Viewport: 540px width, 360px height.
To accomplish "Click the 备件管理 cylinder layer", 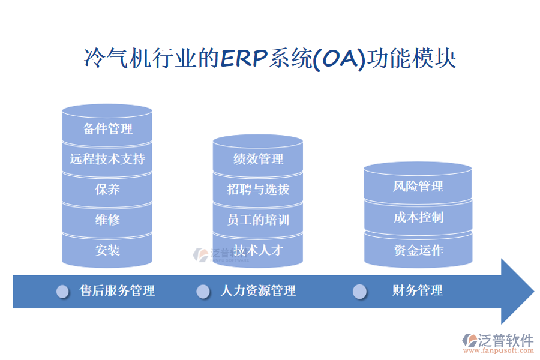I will pos(107,128).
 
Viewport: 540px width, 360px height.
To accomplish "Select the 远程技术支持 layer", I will pos(107,159).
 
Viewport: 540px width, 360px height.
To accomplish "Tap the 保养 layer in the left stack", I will pos(107,190).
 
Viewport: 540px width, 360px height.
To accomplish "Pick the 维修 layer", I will pos(107,220).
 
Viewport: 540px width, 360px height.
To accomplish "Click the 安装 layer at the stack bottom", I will pos(107,250).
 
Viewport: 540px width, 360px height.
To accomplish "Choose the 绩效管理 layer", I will pos(258,159).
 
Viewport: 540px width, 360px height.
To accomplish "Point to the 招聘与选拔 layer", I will pos(258,190).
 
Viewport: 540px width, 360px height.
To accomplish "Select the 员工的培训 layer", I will pos(258,220).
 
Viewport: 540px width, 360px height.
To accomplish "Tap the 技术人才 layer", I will pos(258,250).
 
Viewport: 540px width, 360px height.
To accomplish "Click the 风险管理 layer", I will pos(418,187).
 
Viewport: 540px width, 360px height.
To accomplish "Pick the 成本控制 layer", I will pos(418,217).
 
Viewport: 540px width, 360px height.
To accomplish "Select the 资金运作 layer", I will pos(418,250).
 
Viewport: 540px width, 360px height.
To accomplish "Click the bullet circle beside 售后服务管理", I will pos(62,292).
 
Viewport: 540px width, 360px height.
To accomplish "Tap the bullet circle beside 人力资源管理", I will pos(203,292).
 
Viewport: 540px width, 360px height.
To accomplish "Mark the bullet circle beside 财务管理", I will pos(359,292).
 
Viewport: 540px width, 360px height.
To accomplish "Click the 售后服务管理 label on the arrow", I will pos(118,291).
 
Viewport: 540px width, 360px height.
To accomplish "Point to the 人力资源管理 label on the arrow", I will pos(258,291).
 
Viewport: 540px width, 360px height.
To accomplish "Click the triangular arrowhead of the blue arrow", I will pos(516,292).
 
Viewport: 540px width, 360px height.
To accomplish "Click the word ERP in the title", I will pos(245,59).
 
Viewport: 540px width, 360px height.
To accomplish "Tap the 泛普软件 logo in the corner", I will pos(497,342).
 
